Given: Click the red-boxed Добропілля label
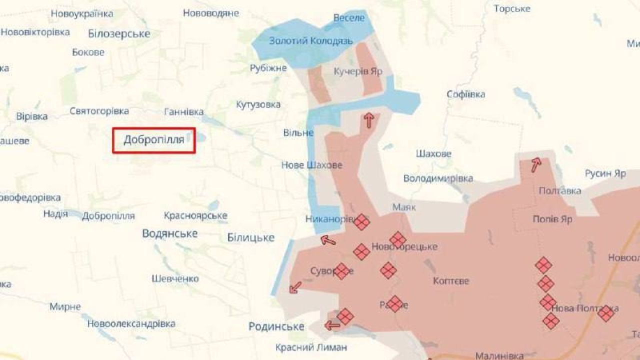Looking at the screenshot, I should click(153, 139).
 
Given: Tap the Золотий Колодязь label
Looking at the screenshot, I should click(311, 41).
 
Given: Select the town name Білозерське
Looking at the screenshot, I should click(119, 34).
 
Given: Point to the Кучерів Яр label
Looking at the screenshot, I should click(358, 71).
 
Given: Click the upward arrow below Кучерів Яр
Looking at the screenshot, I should click(369, 120).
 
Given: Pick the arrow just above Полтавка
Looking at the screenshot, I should click(536, 164).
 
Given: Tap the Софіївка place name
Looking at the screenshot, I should click(465, 94).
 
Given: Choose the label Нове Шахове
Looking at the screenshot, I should click(312, 165).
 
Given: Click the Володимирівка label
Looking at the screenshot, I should click(438, 178).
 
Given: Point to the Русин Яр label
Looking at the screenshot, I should click(605, 173).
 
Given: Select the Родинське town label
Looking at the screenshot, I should click(276, 326).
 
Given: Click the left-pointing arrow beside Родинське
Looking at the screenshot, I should click(332, 326).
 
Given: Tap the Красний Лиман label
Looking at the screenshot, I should click(311, 347).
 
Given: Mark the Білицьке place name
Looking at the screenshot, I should click(250, 237).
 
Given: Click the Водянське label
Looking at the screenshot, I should click(170, 233).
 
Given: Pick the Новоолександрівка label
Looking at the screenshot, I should click(131, 323).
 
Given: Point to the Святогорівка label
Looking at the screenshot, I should click(99, 111).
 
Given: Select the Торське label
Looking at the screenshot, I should click(512, 8).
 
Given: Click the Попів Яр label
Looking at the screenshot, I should click(552, 219).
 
